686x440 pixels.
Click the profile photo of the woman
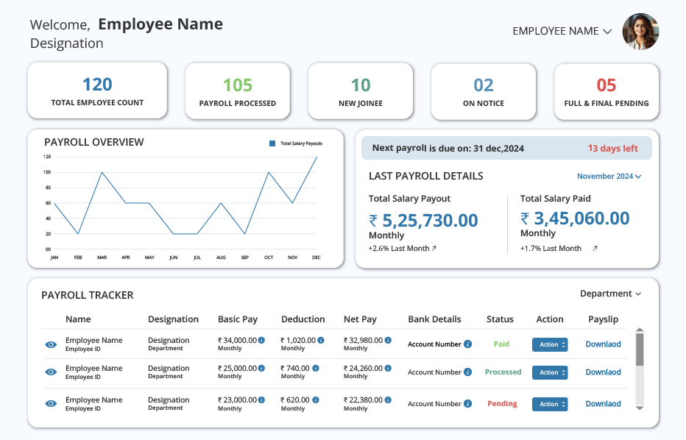pos(640,32)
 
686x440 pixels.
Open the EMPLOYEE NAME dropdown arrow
pos(607,32)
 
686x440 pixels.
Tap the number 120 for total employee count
pos(97,85)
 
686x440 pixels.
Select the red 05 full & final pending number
pos(606,85)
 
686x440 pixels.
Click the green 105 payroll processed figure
pos(238,85)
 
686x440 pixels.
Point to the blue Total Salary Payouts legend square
pos(272,143)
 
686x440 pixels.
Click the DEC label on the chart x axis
pos(317,258)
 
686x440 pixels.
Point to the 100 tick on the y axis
pos(47,172)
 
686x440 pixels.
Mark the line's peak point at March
pos(102,172)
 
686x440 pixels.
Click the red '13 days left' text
pos(612,149)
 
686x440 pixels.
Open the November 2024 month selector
pos(609,177)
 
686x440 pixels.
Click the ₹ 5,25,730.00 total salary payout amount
pos(423,221)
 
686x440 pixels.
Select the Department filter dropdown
pos(610,294)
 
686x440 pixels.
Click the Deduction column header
pos(303,319)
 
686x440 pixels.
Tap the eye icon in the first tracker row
pos(51,344)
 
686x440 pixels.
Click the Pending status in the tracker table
pos(502,404)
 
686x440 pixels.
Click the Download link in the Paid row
pos(604,344)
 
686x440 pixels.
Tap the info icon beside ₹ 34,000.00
pos(261,340)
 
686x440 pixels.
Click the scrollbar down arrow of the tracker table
pos(640,408)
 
